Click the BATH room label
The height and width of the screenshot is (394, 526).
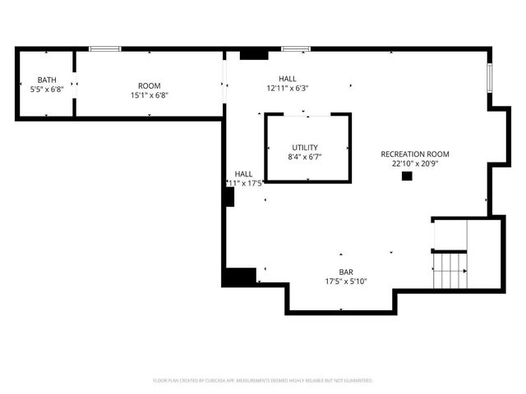(46, 80)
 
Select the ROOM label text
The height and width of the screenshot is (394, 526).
(149, 85)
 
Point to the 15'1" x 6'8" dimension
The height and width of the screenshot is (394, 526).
(149, 94)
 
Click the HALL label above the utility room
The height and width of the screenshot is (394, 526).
(287, 79)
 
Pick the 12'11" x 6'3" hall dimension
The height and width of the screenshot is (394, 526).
(287, 88)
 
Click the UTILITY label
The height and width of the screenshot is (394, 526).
(306, 147)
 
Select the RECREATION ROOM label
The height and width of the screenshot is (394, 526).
(415, 153)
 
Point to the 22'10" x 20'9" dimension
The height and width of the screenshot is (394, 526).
(415, 163)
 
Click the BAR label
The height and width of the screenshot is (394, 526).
(346, 272)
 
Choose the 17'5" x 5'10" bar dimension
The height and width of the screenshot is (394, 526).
(346, 281)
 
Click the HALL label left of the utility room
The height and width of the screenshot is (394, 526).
(244, 174)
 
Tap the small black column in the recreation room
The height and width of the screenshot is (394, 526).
(406, 176)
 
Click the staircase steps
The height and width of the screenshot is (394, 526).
(450, 269)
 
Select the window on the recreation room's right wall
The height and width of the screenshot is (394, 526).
(490, 77)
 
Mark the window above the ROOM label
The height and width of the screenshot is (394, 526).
(105, 49)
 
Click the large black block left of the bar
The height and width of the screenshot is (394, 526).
(238, 277)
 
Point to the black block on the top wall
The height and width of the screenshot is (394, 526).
(254, 54)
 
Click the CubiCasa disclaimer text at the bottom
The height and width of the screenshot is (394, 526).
(263, 381)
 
